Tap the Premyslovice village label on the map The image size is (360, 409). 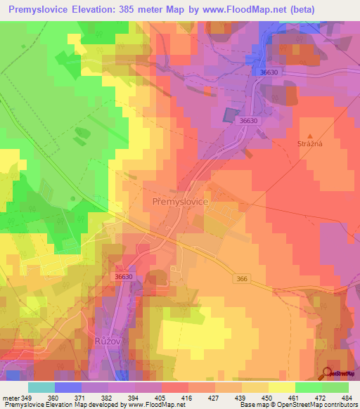click(180, 201)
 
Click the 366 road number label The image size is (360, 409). click(243, 279)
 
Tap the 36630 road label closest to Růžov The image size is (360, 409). click(123, 277)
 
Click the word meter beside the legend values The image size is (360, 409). click(10, 398)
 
